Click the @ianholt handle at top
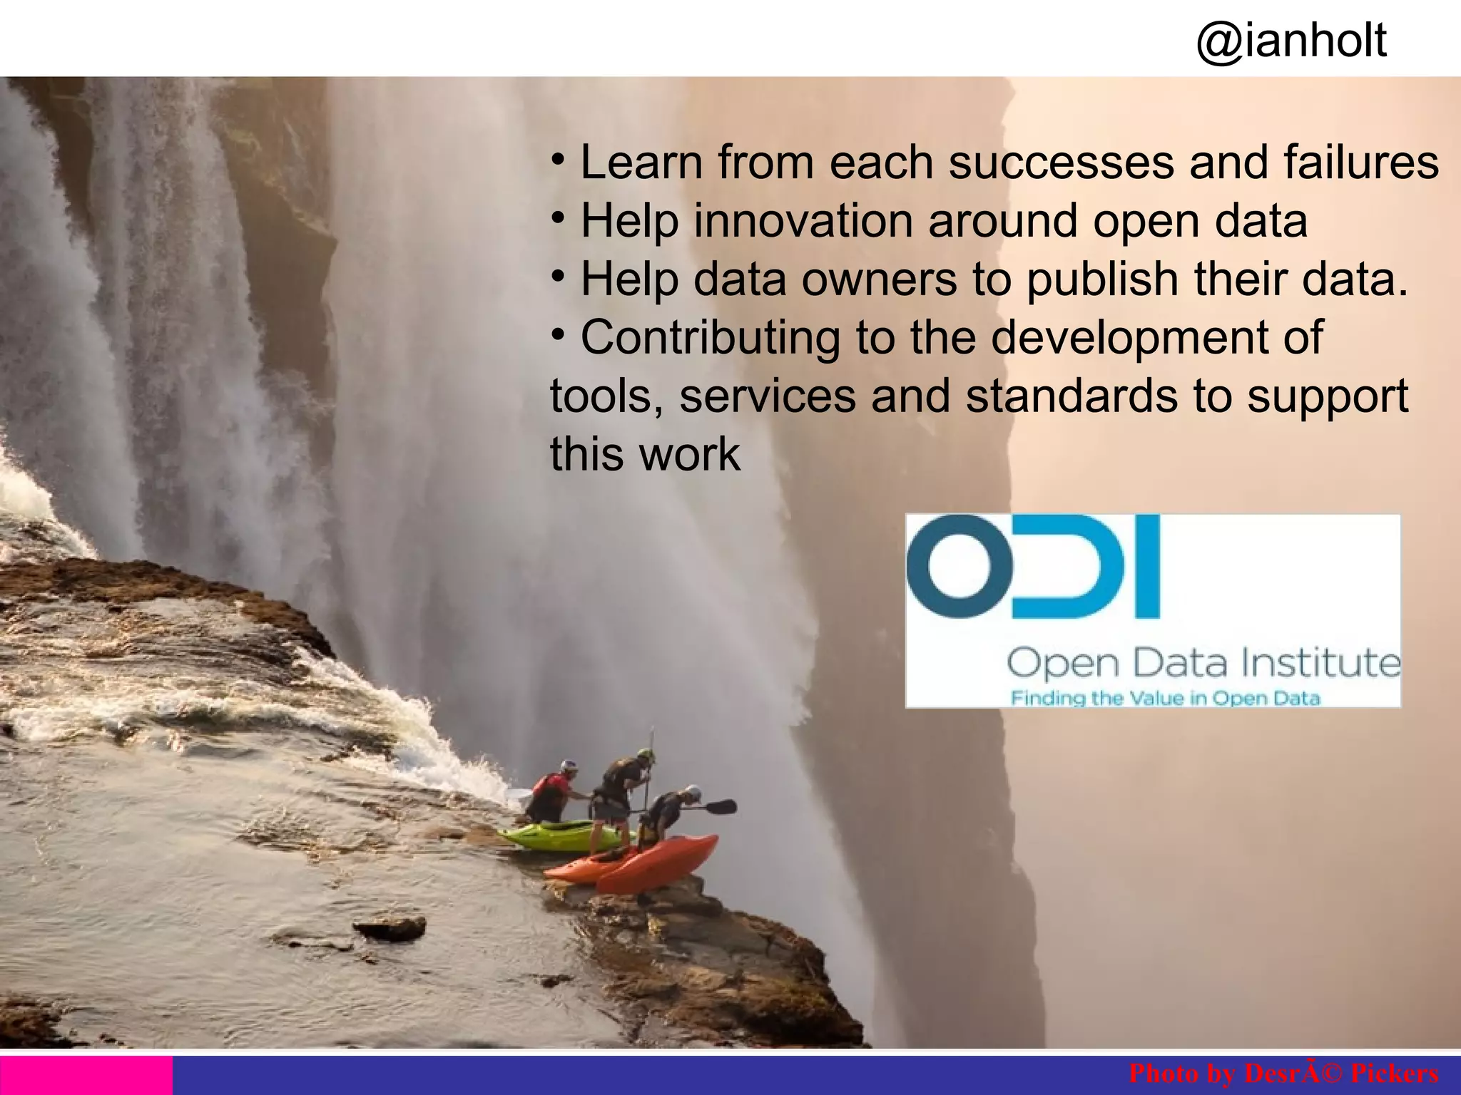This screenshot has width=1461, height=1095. click(x=1291, y=41)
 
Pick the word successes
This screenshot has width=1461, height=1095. click(x=1061, y=163)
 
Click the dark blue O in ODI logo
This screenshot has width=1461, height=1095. click(x=959, y=565)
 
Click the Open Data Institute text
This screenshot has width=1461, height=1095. click(x=1203, y=663)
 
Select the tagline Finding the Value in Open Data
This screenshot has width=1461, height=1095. click(x=1165, y=698)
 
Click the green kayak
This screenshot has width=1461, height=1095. click(x=564, y=836)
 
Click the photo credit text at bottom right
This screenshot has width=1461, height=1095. click(x=1283, y=1073)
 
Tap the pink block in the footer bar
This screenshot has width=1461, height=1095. click(x=86, y=1075)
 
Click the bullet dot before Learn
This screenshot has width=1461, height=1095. click(x=559, y=156)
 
